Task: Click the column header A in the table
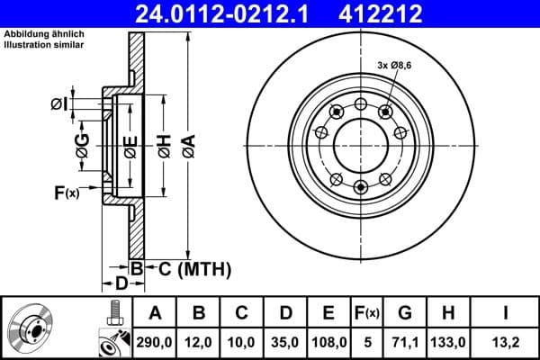point(155,313)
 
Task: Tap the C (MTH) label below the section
point(188,268)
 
